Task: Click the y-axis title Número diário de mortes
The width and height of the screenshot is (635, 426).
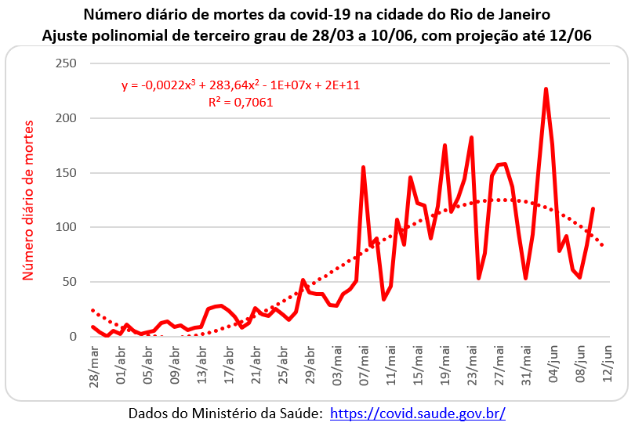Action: [29, 200]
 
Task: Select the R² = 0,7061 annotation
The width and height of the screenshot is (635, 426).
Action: [241, 102]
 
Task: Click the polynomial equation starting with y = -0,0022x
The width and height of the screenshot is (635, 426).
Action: [241, 85]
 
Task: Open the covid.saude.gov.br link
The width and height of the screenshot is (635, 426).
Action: [418, 413]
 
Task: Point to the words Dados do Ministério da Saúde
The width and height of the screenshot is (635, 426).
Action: [225, 413]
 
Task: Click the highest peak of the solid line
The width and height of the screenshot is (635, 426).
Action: [546, 89]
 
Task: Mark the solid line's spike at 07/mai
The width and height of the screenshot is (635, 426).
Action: [364, 167]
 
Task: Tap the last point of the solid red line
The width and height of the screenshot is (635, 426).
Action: [593, 208]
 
